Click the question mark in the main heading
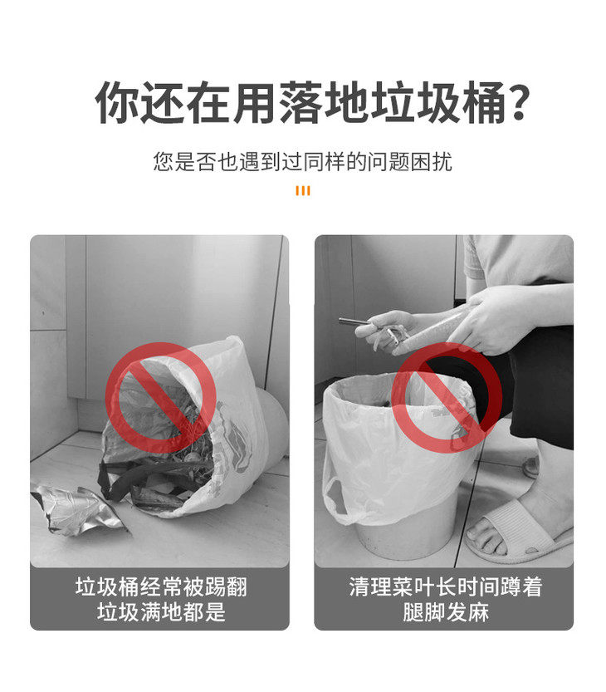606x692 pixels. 517,102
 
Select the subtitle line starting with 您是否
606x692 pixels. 303,161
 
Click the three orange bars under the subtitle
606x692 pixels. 303,191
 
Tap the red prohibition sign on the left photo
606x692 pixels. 161,398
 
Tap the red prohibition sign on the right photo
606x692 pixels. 447,398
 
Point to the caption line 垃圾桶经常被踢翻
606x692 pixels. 161,588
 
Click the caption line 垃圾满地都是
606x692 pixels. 161,613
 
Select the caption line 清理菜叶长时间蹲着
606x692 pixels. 445,588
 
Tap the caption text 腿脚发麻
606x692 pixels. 445,613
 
